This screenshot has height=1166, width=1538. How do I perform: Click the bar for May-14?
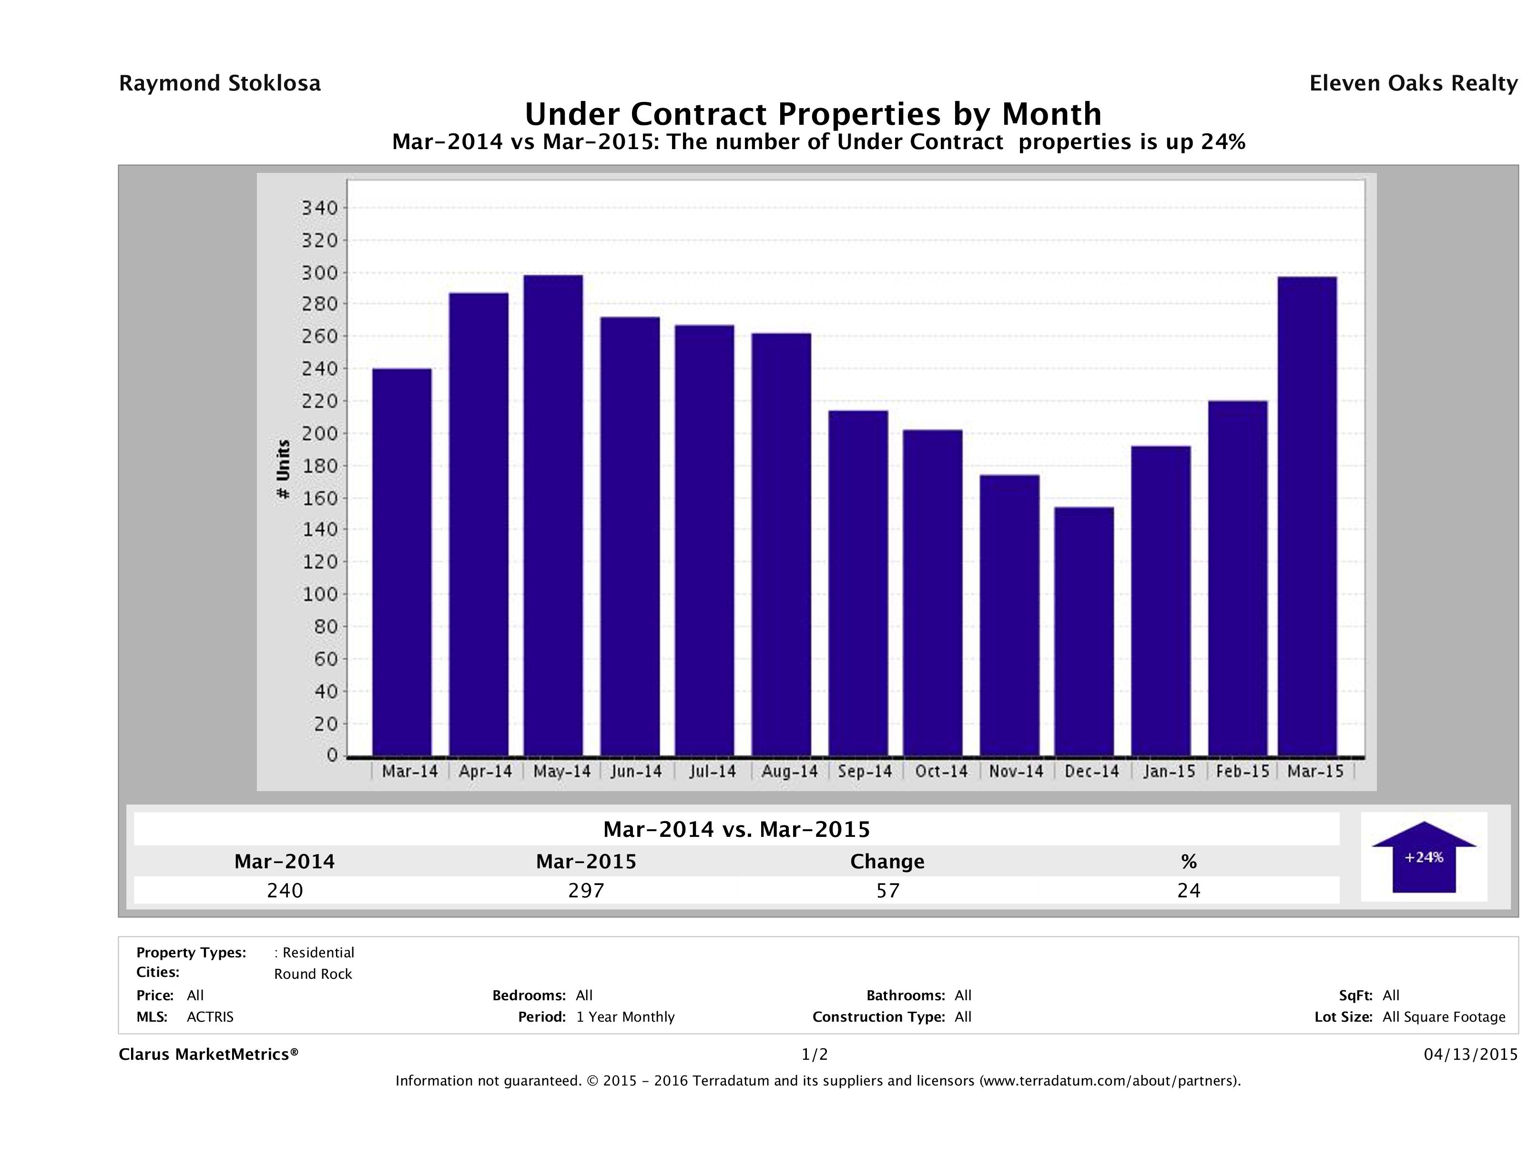click(x=553, y=515)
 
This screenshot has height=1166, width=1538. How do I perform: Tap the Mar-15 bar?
click(x=1307, y=516)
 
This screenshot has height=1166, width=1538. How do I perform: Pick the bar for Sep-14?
click(x=858, y=583)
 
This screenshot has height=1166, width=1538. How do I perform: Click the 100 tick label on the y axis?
click(x=319, y=594)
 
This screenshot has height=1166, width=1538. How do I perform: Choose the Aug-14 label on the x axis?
click(x=789, y=771)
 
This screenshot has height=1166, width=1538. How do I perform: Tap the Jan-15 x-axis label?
click(x=1169, y=771)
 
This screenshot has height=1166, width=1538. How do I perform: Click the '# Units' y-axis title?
click(x=283, y=470)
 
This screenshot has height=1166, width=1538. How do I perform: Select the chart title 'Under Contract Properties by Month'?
click(x=813, y=113)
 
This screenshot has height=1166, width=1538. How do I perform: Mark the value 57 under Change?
click(x=888, y=890)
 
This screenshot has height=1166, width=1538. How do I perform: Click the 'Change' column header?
click(x=887, y=862)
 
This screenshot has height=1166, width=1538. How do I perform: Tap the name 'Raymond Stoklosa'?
click(x=220, y=83)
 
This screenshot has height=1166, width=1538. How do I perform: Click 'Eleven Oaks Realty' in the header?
click(x=1413, y=83)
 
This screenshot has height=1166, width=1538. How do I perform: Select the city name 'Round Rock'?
click(x=313, y=974)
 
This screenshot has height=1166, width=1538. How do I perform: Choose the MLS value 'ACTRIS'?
click(x=210, y=1017)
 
